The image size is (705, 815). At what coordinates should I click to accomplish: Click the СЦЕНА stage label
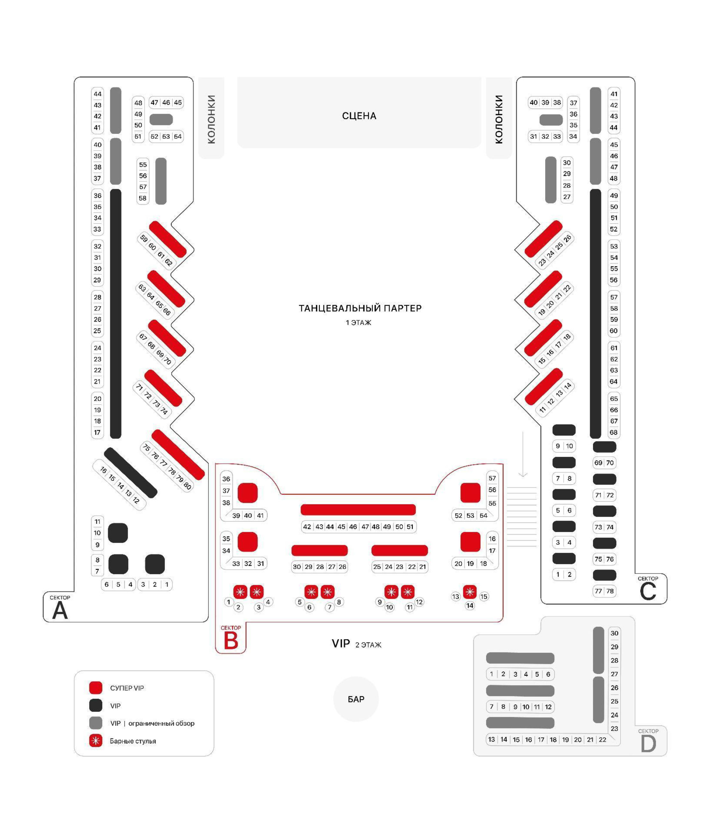[x=359, y=116]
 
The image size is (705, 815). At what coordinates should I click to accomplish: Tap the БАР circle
[x=356, y=699]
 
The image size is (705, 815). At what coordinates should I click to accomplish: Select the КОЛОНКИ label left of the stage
[x=211, y=119]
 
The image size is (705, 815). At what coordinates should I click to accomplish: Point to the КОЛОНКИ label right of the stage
[x=499, y=119]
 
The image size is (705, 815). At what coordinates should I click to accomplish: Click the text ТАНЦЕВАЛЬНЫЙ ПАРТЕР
[x=360, y=308]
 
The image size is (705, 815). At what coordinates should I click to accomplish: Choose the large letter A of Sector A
[x=60, y=611]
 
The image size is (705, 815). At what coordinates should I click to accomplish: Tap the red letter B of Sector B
[x=231, y=640]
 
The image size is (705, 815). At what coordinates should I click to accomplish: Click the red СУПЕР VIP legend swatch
[x=96, y=688]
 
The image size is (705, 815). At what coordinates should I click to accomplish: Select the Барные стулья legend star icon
[x=96, y=741]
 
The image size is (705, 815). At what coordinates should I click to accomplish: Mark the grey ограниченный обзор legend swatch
[x=96, y=723]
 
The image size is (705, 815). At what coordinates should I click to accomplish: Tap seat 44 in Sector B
[x=330, y=527]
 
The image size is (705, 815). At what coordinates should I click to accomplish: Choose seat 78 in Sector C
[x=610, y=591]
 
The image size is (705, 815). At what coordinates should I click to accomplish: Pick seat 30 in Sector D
[x=614, y=633]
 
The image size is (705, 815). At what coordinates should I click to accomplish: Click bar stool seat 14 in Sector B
[x=470, y=606]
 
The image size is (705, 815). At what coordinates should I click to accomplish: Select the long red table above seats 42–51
[x=358, y=509]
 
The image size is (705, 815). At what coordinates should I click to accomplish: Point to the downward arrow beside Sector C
[x=523, y=454]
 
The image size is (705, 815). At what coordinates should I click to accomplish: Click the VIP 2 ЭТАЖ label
[x=356, y=643]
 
